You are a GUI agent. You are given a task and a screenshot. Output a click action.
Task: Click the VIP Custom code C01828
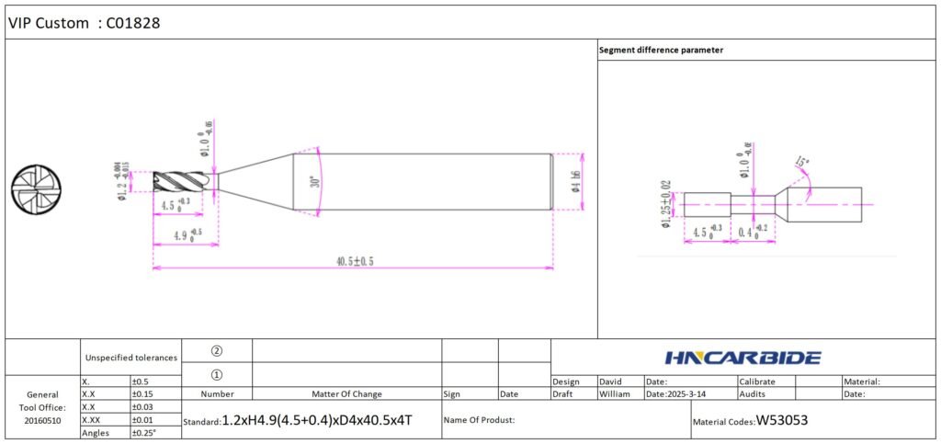point(134,23)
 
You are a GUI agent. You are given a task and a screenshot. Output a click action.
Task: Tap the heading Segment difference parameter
point(661,50)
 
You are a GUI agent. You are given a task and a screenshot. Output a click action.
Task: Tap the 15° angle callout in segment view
point(802,166)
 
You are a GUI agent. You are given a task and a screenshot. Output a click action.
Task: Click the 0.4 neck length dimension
point(753,233)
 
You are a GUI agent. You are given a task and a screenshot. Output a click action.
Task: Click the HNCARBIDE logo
point(743,357)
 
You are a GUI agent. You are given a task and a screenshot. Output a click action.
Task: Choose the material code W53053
point(782,421)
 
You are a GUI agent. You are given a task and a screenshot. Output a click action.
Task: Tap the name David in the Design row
point(611,381)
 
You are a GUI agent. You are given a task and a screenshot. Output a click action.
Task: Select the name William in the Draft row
point(616,393)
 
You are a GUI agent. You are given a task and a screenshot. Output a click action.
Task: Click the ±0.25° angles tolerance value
point(145,432)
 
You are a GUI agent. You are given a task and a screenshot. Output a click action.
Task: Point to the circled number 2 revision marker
point(217,350)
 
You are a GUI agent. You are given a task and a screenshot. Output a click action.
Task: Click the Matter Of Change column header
point(346,393)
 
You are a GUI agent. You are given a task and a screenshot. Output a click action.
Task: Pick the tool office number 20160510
point(42,419)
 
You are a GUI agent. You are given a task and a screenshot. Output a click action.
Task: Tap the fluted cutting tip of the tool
point(184,181)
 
